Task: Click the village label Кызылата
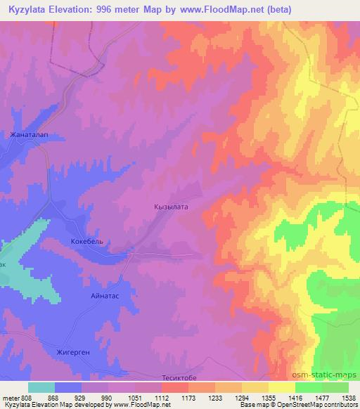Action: tap(172, 207)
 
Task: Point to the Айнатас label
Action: tap(105, 296)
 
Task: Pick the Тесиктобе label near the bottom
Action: tap(183, 375)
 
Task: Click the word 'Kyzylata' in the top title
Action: tap(26, 10)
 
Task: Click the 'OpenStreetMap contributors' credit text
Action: tap(317, 405)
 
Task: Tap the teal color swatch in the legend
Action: tap(41, 387)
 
